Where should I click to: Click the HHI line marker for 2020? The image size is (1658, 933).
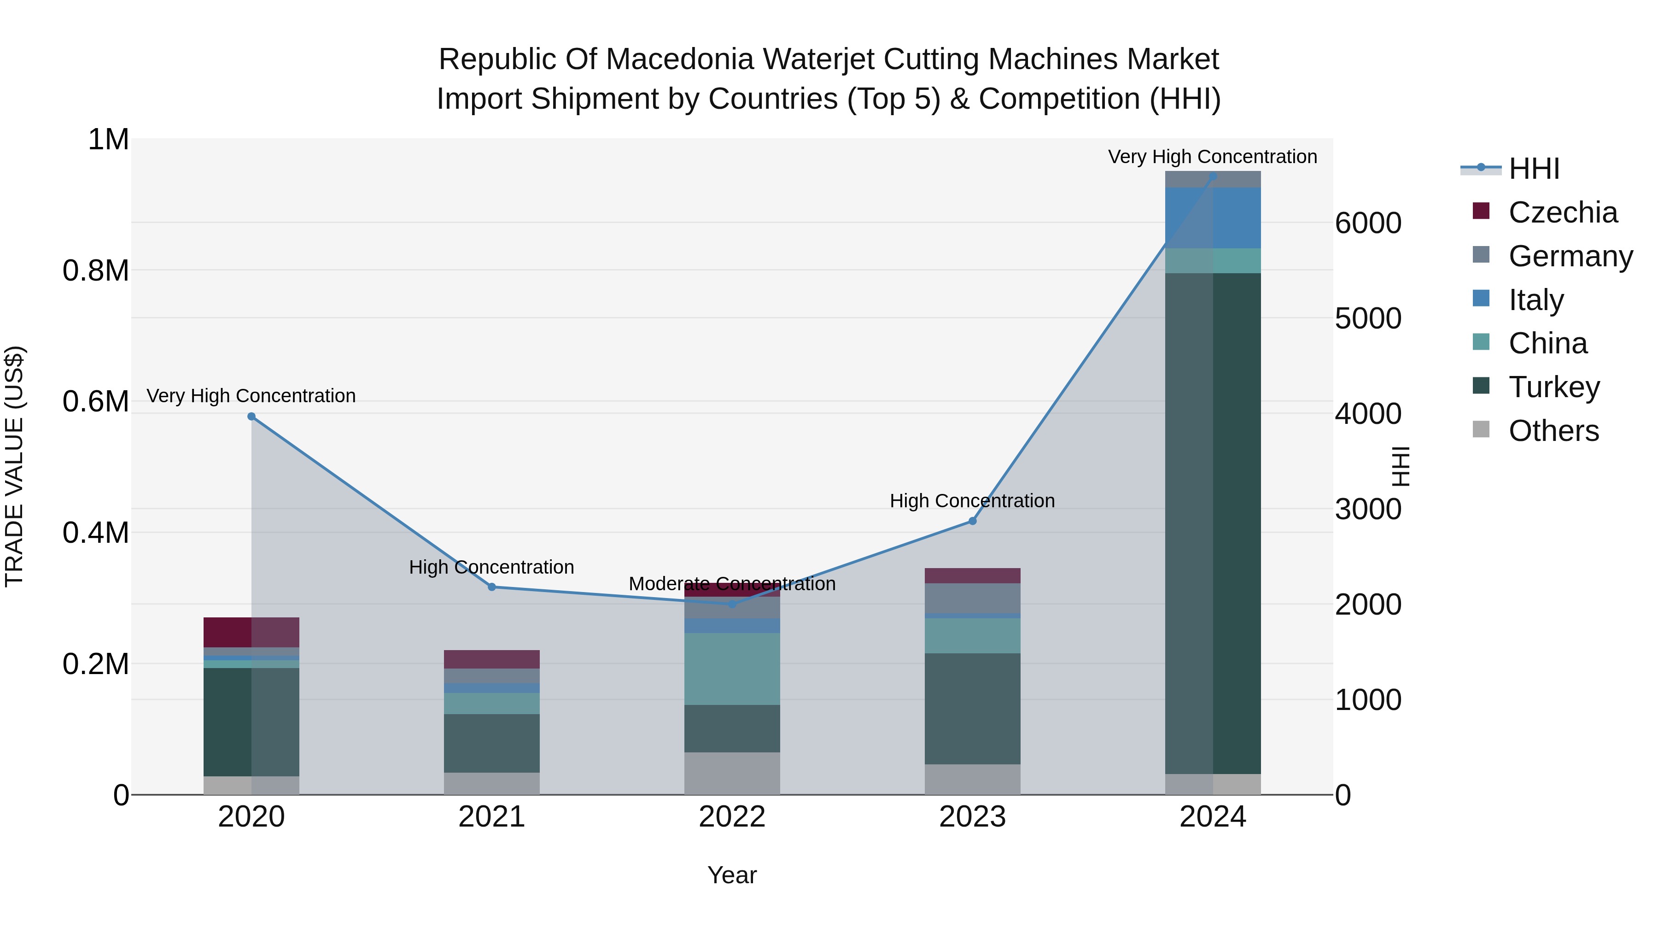point(251,417)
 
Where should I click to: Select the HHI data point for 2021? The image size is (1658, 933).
point(492,587)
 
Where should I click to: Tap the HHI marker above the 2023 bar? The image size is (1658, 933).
point(973,521)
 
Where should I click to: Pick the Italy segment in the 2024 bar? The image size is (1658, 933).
point(1213,217)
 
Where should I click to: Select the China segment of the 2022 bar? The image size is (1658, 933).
point(732,669)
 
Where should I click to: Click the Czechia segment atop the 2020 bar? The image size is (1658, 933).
point(251,632)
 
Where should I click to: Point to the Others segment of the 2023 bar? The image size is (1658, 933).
point(973,779)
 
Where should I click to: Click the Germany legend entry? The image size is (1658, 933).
point(1570,256)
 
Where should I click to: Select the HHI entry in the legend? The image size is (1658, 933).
point(1533,169)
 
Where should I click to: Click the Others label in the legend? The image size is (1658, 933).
point(1553,431)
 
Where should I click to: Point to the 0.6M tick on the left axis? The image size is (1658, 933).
point(96,402)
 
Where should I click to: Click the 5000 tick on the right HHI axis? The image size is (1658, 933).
point(1368,318)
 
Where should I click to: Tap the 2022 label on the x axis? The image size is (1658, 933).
point(732,817)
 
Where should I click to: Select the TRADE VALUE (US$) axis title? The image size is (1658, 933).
point(14,466)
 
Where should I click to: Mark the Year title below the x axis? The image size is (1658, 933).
point(732,875)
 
